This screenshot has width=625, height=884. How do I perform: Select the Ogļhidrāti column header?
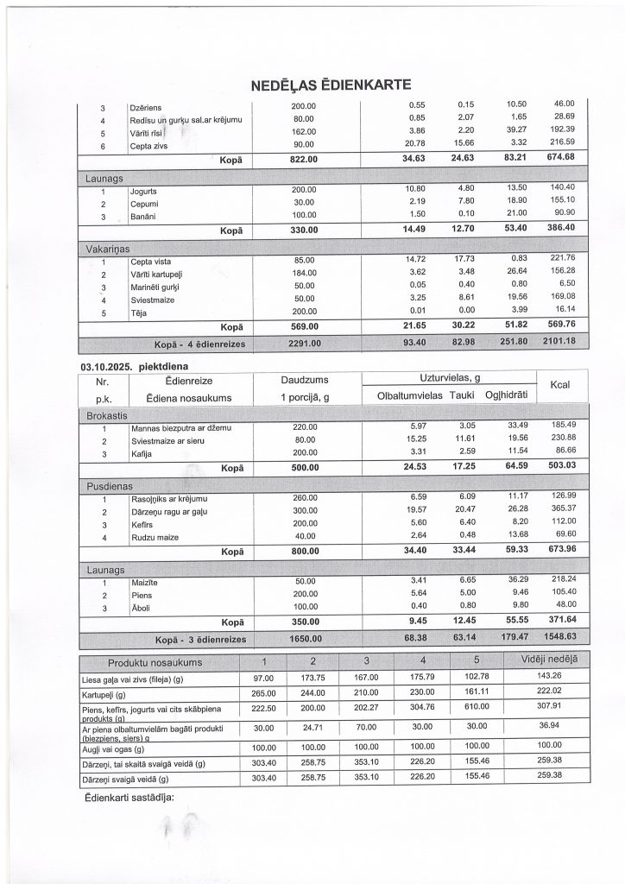pos(506,395)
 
